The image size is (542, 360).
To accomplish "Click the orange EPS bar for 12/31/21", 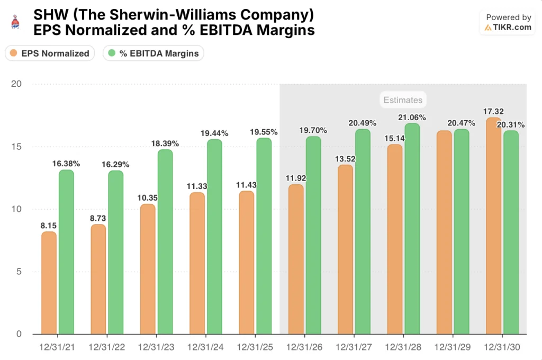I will point(49,283).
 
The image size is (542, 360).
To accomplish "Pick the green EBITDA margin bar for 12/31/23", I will point(165,241).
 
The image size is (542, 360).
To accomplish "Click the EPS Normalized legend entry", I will point(50,53).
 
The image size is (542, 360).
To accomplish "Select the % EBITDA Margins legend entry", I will point(153,53).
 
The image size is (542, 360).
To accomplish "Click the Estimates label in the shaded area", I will point(403,100).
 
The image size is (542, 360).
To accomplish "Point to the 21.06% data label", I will point(412,118).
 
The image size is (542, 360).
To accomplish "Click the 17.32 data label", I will point(493,111).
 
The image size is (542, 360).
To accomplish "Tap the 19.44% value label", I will point(214,133).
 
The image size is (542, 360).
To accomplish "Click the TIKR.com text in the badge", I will point(513,28).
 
